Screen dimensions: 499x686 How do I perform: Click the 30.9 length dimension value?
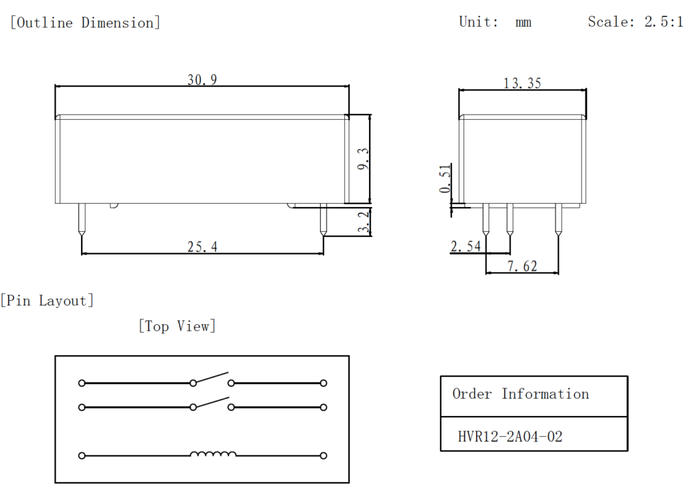click(202, 80)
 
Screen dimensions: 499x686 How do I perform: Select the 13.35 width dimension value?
click(522, 83)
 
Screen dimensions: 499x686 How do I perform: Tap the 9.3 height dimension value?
click(362, 159)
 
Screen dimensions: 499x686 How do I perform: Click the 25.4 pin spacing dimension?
click(202, 246)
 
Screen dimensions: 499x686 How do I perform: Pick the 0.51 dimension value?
click(445, 179)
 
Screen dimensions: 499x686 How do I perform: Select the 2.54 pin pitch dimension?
click(466, 246)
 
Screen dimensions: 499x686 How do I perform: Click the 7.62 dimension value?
click(522, 266)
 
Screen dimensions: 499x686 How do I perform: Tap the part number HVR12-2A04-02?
click(510, 437)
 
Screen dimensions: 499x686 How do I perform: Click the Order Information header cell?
click(521, 394)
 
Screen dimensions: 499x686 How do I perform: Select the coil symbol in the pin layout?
click(213, 455)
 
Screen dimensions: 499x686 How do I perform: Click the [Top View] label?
click(177, 326)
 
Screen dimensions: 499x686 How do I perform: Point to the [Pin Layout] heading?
click(48, 300)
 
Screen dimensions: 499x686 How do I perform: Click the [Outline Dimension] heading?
click(85, 23)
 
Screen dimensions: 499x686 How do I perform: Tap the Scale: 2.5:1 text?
click(635, 21)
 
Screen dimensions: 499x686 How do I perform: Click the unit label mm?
click(523, 22)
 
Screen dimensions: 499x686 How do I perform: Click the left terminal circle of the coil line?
click(82, 455)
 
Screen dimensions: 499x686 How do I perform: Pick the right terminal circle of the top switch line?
click(324, 383)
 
